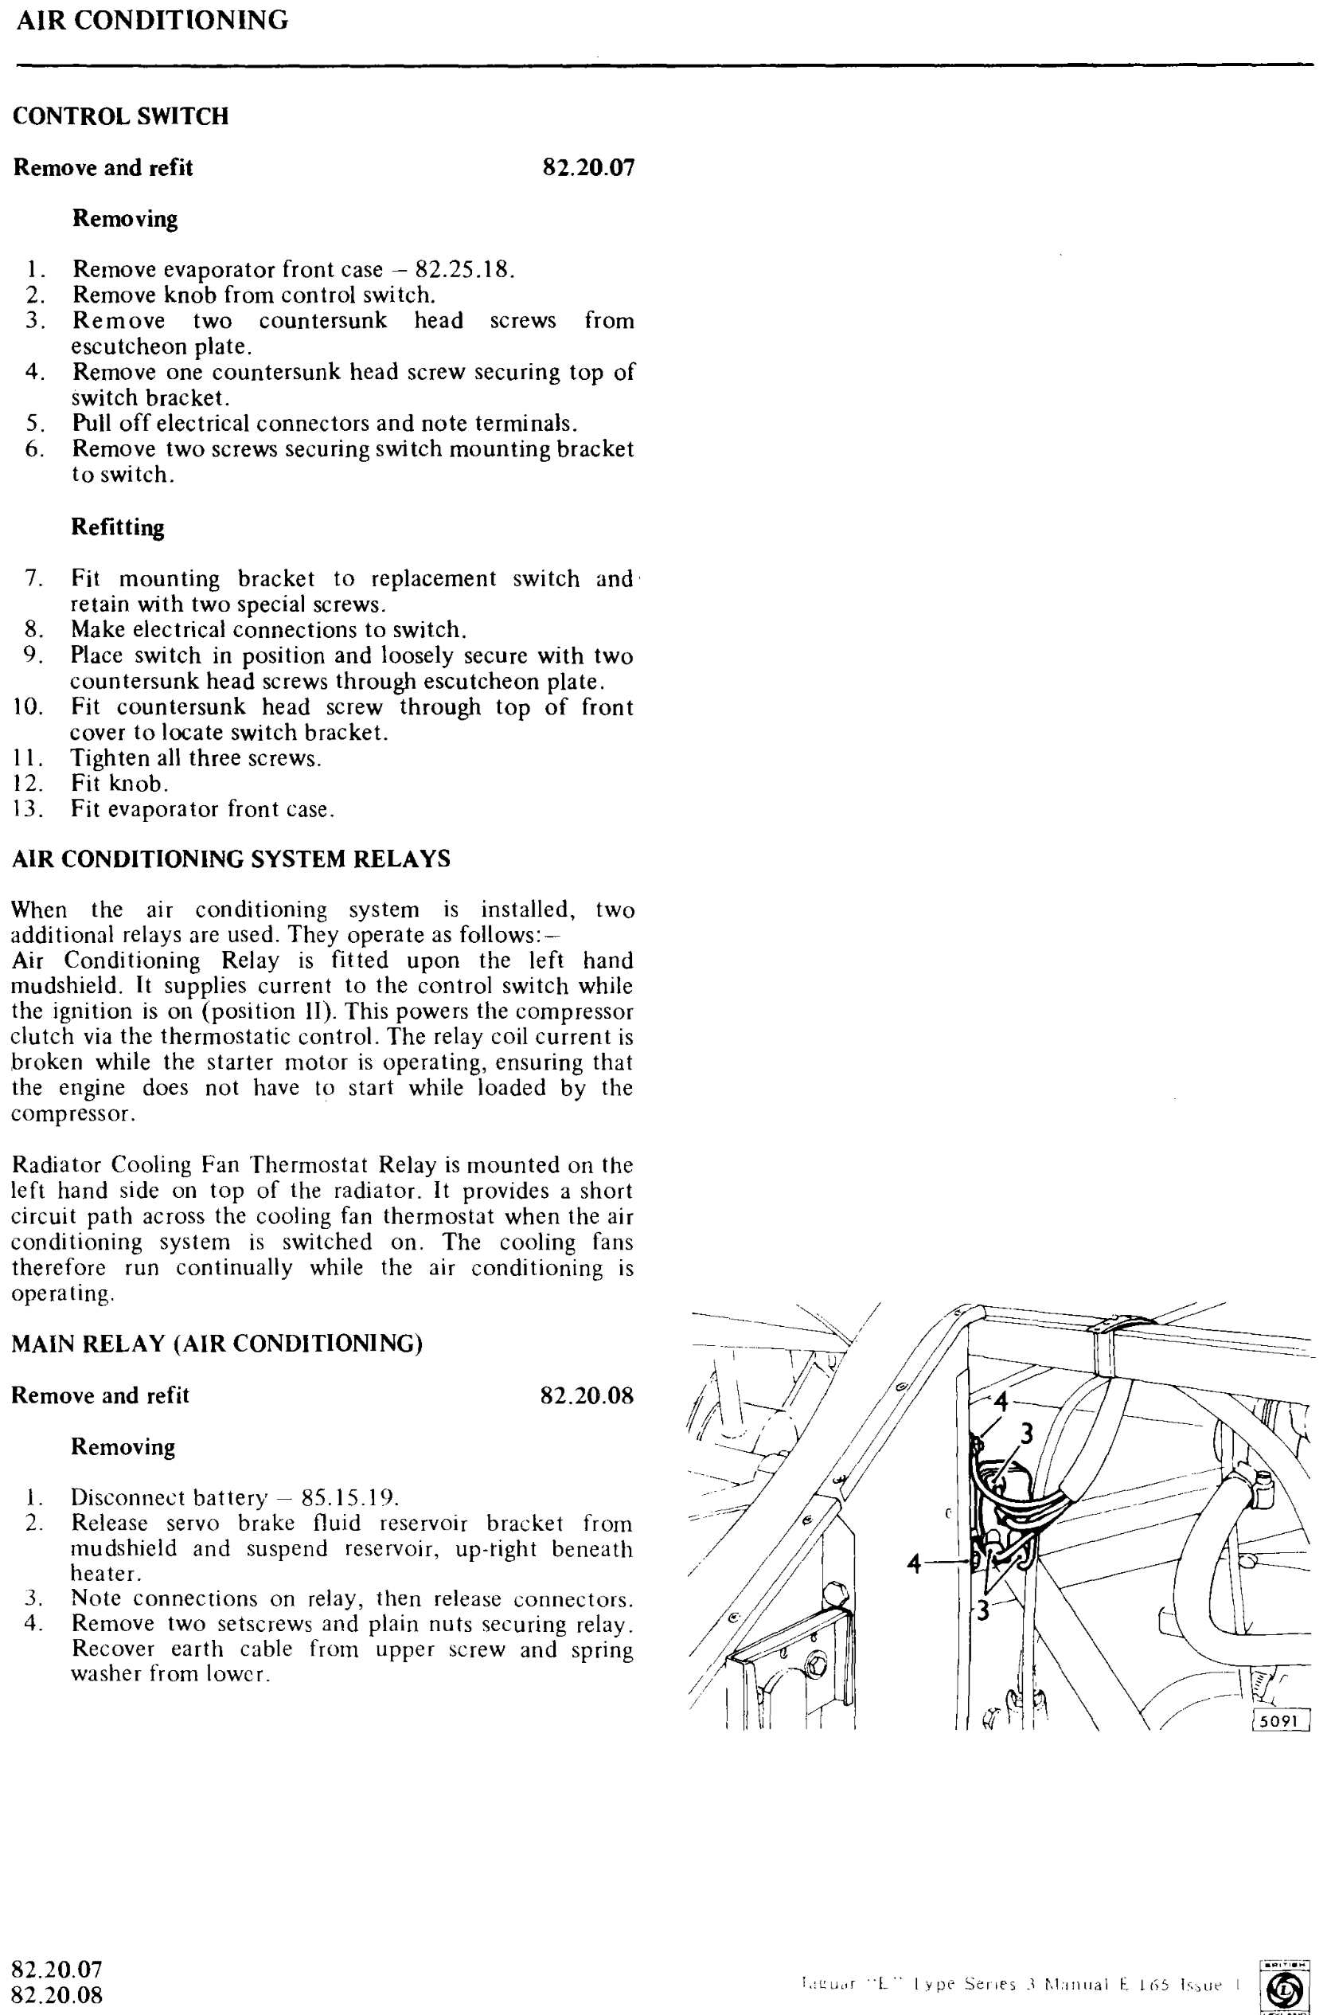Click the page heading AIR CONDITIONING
point(152,21)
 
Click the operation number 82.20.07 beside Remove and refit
point(588,167)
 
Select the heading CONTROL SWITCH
point(120,116)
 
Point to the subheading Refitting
point(118,527)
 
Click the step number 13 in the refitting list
point(27,809)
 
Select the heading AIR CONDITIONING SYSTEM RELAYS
point(230,859)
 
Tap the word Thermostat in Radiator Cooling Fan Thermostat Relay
point(310,1165)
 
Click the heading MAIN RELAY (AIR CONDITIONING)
point(217,1344)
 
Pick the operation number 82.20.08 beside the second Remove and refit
point(587,1395)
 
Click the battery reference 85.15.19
point(349,1497)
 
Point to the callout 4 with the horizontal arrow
point(915,1563)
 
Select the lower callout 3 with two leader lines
point(982,1610)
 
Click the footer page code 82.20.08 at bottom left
point(57,1994)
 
